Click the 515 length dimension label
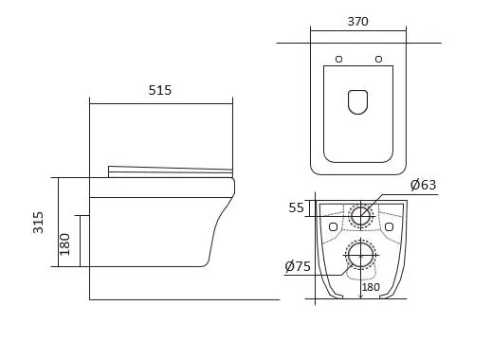pyautogui.click(x=160, y=90)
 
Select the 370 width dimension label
pyautogui.click(x=357, y=22)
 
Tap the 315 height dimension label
pyautogui.click(x=38, y=223)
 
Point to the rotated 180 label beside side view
pyautogui.click(x=64, y=244)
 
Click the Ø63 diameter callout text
pyautogui.click(x=423, y=185)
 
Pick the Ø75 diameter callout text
pyautogui.click(x=298, y=266)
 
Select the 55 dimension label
pyautogui.click(x=296, y=207)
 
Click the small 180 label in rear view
pyautogui.click(x=371, y=287)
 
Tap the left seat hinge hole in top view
pyautogui.click(x=338, y=59)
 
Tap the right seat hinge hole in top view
pyautogui.click(x=378, y=59)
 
